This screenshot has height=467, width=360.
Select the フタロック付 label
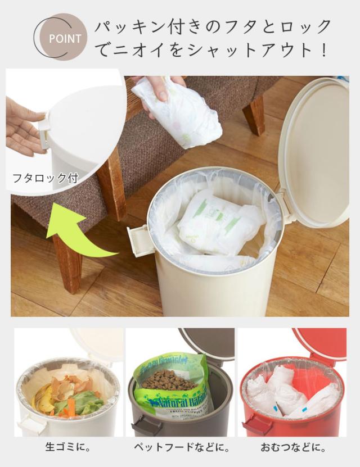click(x=45, y=179)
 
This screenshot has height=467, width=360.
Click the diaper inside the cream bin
click(x=219, y=222)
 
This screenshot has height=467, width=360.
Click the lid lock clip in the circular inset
click(x=44, y=130)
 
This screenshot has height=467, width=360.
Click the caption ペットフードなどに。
click(x=181, y=448)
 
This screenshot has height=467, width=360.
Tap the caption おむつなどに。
click(x=292, y=448)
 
